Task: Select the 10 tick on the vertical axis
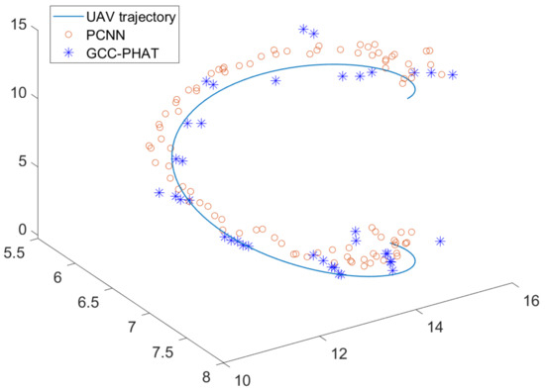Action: coord(12,94)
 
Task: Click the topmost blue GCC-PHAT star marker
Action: coord(303,30)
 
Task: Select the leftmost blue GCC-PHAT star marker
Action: coord(160,192)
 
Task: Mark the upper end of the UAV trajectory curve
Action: coord(407,97)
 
